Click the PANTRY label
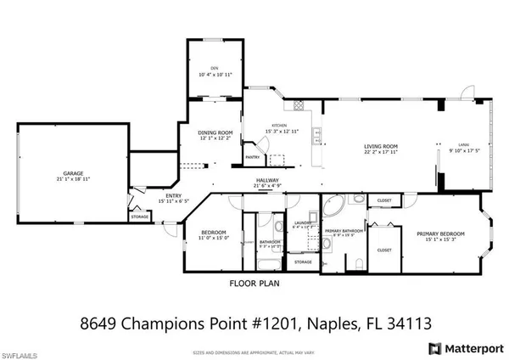(x=251, y=157)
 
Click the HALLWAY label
(x=268, y=180)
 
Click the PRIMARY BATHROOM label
(x=340, y=230)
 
